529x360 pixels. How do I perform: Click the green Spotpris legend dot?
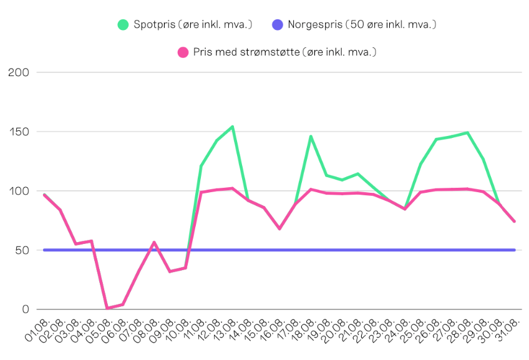coord(124,25)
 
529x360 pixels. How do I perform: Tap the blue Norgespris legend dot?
coord(278,25)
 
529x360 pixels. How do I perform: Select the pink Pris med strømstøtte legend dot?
coord(183,52)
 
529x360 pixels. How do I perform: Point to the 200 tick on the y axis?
coord(19,72)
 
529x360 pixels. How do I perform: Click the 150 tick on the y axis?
coord(19,132)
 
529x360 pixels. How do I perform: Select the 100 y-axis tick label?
coord(19,191)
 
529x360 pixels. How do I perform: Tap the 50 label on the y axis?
coord(22,250)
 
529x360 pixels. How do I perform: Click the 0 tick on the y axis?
coord(26,309)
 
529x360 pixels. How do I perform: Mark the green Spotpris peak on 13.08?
coord(232,127)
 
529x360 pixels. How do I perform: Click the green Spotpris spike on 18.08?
coord(311,136)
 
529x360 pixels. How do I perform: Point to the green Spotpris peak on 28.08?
coord(467,132)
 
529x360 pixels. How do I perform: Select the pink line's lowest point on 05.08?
coord(107,308)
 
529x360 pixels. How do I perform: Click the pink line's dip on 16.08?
coord(279,228)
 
